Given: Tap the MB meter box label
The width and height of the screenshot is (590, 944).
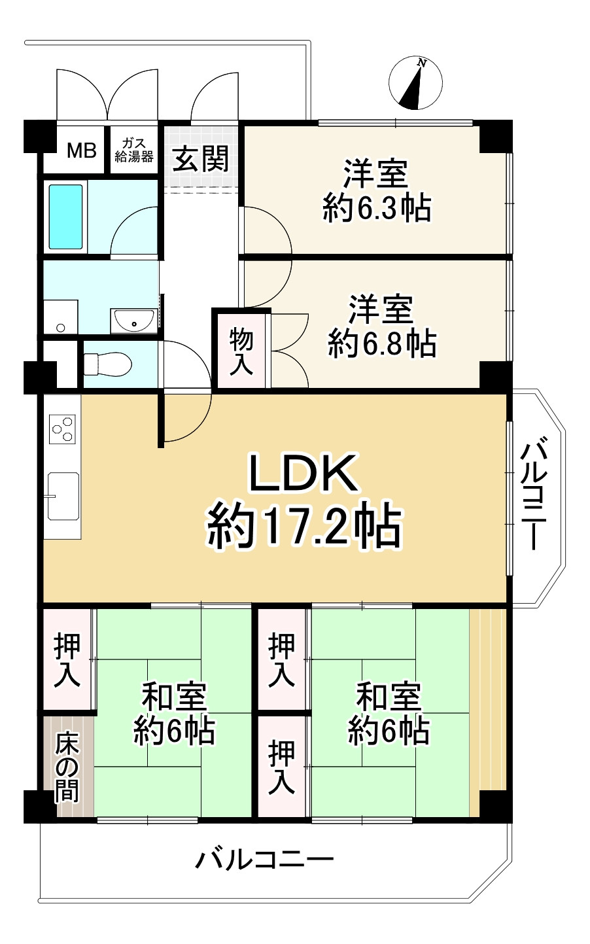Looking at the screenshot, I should click(x=82, y=150).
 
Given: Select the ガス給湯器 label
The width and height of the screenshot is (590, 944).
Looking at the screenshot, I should click(x=134, y=150).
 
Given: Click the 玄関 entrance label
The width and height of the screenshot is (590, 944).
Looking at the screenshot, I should click(x=201, y=158).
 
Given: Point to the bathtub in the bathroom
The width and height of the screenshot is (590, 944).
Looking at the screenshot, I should click(x=66, y=217).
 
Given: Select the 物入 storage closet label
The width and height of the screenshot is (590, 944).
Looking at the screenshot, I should click(x=241, y=352).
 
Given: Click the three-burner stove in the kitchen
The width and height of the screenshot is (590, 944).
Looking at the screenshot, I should click(x=63, y=429).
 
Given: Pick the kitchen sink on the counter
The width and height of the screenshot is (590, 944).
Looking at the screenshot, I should click(x=63, y=497).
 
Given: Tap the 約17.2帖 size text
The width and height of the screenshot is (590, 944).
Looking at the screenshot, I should click(x=304, y=527).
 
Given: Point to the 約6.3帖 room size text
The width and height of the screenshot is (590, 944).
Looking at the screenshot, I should click(x=377, y=209).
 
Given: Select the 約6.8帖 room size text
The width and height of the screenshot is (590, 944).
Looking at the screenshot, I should click(x=382, y=343).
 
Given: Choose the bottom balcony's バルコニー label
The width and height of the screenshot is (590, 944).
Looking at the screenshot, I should click(x=264, y=858).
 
